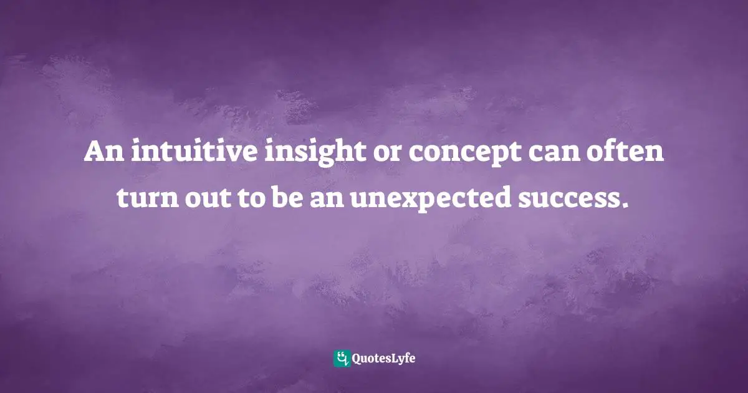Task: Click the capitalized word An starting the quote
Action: tap(99, 153)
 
